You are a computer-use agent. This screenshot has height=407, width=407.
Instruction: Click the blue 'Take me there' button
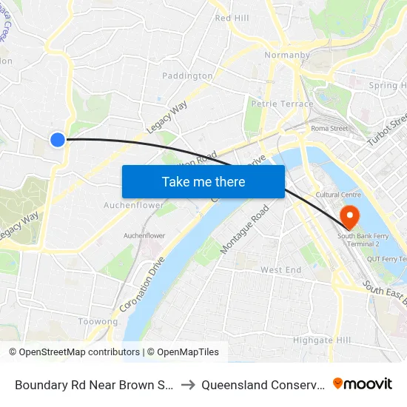[203, 181]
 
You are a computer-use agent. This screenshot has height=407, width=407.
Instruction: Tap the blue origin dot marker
[58, 139]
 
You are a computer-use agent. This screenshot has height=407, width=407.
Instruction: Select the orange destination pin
[348, 216]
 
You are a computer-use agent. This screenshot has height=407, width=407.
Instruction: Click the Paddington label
[187, 76]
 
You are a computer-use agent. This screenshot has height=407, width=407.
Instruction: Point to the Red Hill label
[232, 18]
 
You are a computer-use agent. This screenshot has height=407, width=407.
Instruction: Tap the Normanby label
[281, 55]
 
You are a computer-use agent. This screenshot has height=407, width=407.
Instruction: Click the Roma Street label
[329, 128]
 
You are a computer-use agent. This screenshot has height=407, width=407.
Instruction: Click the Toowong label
[98, 322]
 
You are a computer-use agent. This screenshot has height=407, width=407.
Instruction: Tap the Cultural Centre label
[337, 195]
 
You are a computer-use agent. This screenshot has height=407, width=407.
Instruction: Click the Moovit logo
[363, 383]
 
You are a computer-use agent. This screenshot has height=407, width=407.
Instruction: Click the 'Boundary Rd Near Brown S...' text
[94, 384]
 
